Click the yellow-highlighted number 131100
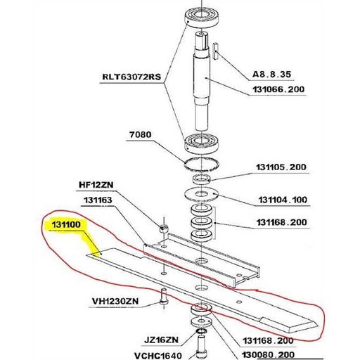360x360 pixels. point(66,226)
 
